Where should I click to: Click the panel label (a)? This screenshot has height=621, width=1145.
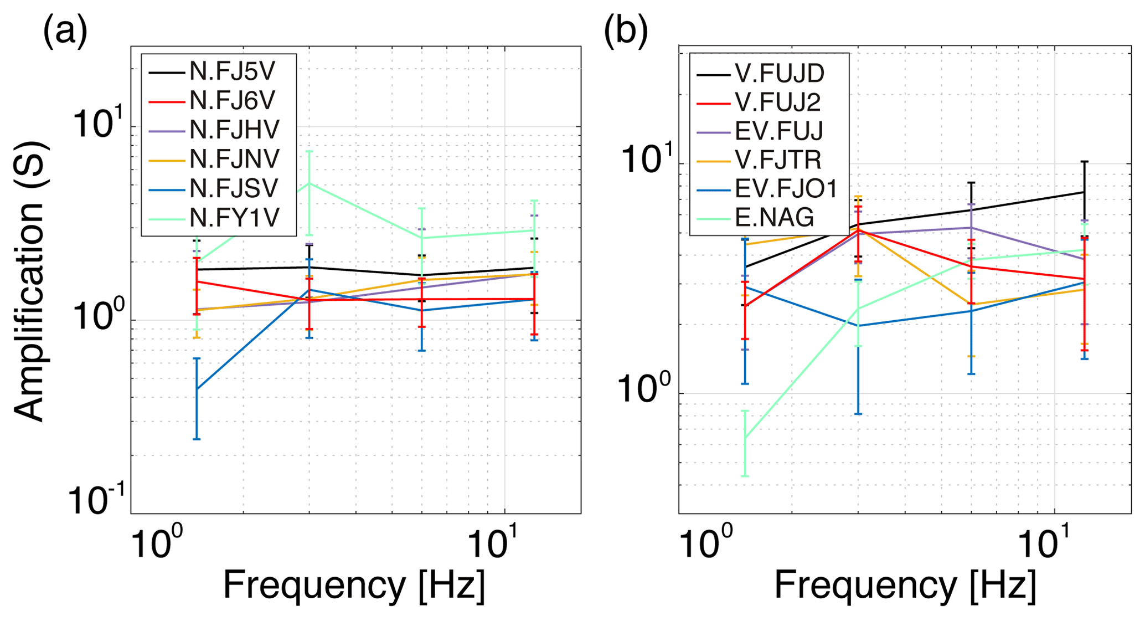click(x=65, y=32)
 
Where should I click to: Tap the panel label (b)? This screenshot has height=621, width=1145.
click(x=626, y=32)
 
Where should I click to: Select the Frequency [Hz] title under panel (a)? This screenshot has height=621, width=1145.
click(x=354, y=584)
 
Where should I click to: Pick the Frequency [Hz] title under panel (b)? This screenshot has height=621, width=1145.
click(x=905, y=584)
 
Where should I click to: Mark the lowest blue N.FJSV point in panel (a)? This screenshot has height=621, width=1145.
click(x=197, y=389)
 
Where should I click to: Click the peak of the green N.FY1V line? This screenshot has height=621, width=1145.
click(x=309, y=183)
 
